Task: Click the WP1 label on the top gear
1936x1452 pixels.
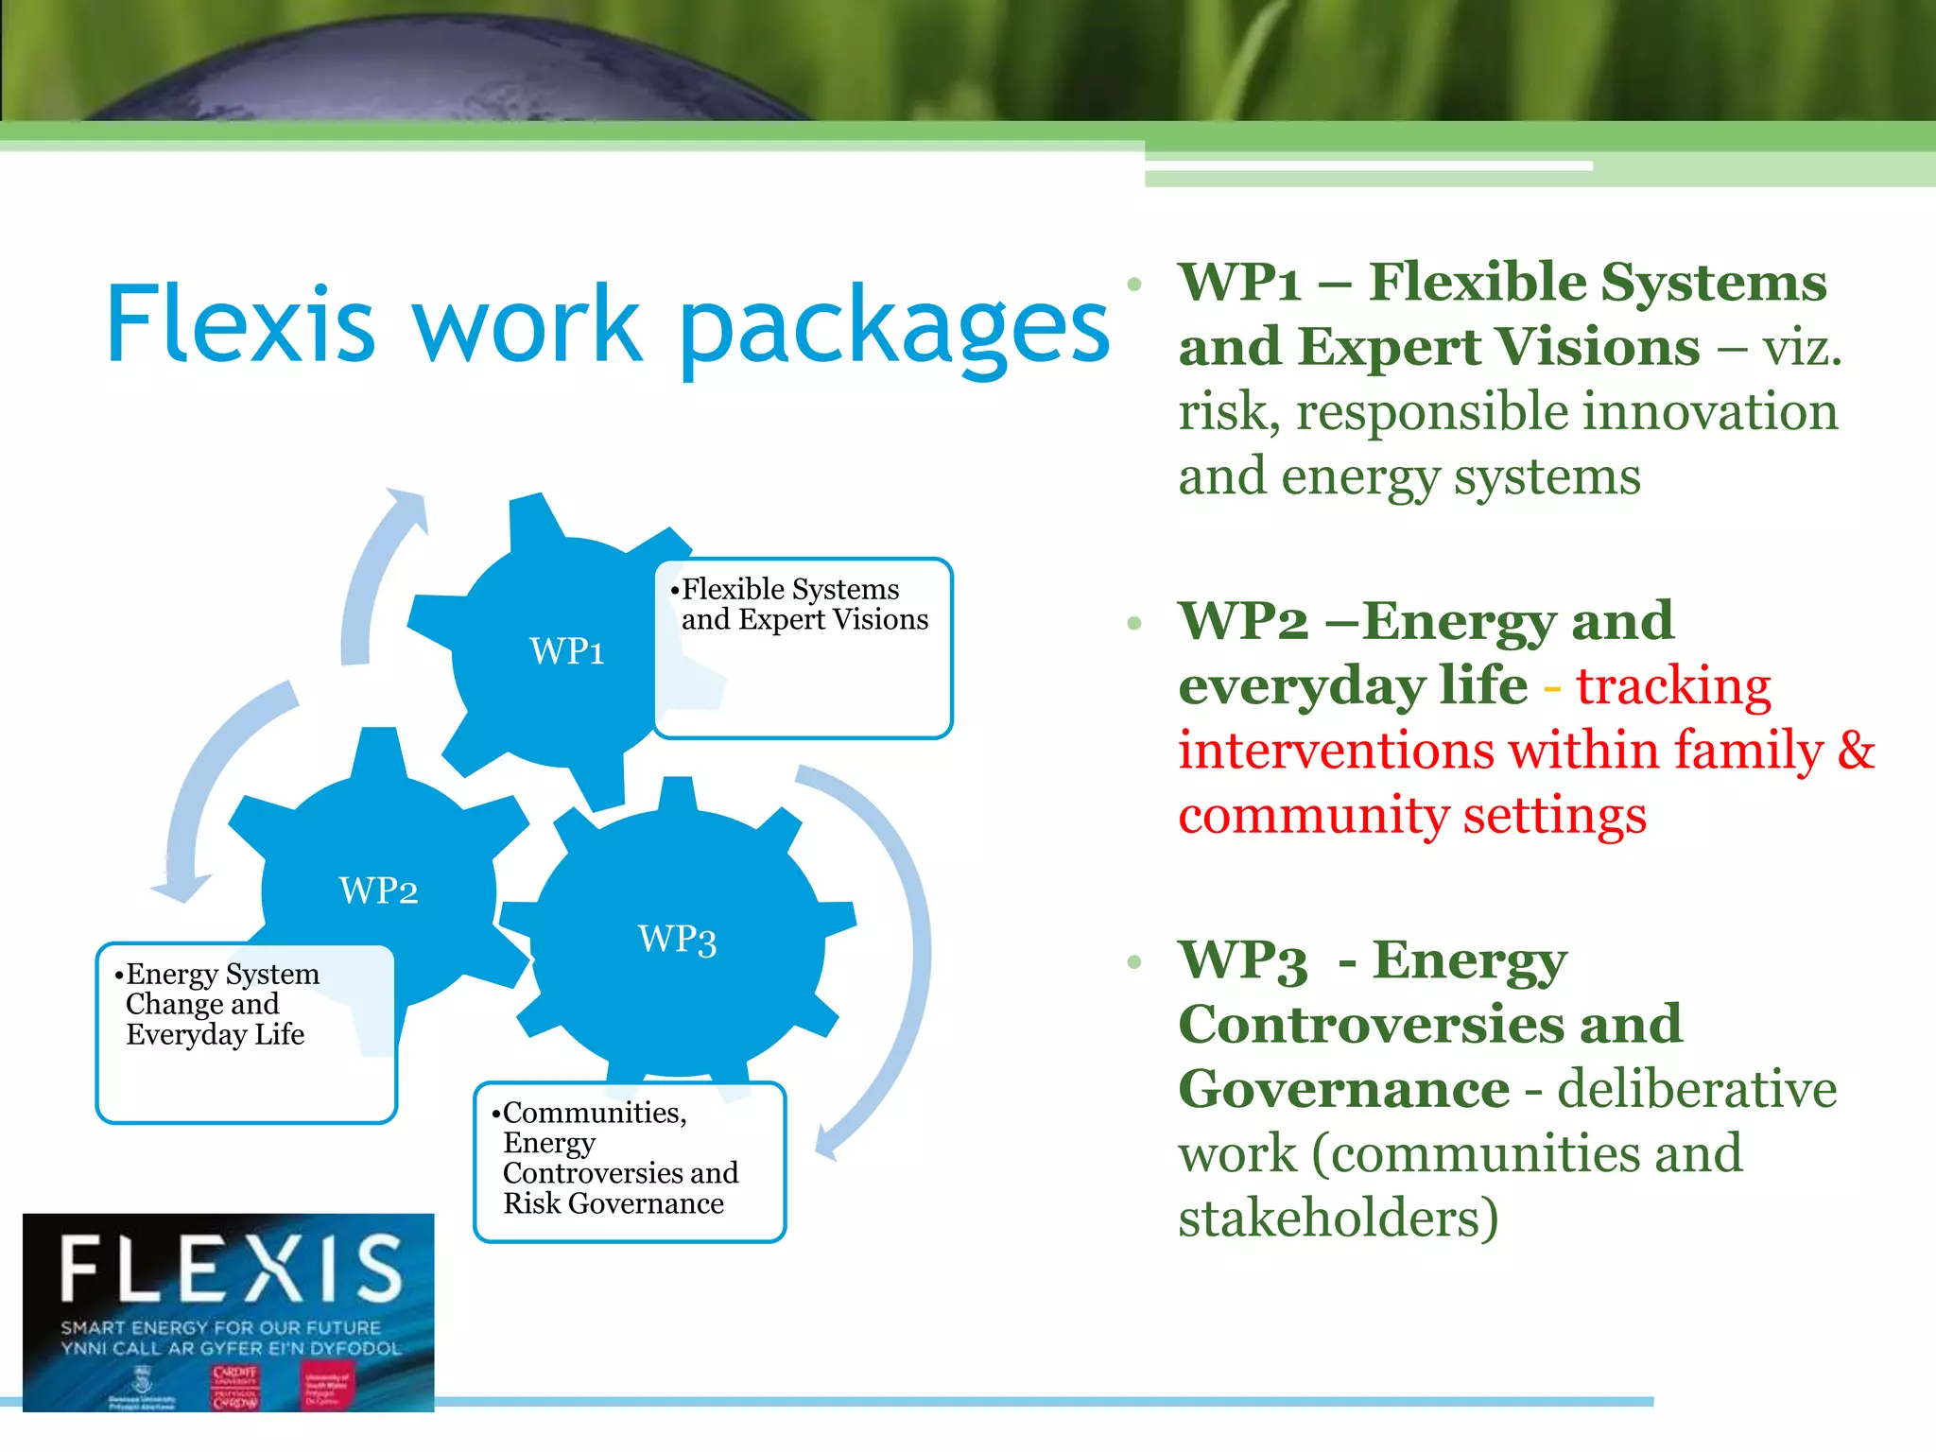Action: (566, 651)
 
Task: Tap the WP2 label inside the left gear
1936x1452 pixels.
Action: (378, 890)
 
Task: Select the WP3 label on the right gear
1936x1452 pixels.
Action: (677, 940)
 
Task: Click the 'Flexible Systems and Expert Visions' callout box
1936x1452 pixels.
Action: (804, 648)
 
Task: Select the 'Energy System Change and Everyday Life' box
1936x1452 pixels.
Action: (246, 1032)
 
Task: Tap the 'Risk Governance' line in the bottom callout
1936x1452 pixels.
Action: (614, 1203)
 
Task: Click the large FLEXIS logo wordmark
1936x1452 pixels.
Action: (232, 1269)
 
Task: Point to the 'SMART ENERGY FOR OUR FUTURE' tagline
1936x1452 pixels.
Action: (220, 1328)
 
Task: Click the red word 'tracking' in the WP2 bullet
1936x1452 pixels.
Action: (1673, 686)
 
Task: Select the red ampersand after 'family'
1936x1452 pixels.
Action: (1856, 751)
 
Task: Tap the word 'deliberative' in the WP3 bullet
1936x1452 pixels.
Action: (1697, 1089)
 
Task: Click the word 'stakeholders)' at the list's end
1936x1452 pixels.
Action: (1338, 1218)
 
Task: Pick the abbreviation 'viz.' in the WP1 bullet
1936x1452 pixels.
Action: (1802, 348)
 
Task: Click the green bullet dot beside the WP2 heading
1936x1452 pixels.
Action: (1134, 623)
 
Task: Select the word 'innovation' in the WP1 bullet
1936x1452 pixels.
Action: (1710, 412)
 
